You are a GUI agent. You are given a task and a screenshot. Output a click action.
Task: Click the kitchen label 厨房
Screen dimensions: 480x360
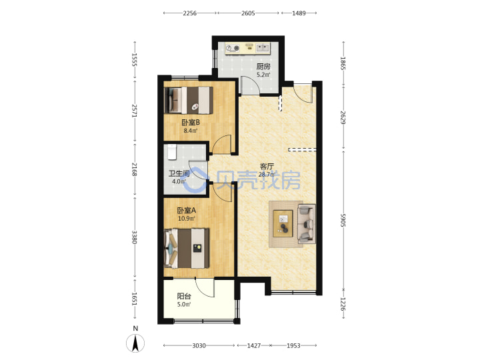(x=263, y=67)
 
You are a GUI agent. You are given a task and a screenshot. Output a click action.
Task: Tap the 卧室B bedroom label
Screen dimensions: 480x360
(x=191, y=123)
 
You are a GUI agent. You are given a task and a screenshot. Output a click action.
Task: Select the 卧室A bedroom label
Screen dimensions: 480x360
(x=187, y=210)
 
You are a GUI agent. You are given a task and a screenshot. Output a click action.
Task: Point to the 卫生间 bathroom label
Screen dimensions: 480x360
(x=179, y=173)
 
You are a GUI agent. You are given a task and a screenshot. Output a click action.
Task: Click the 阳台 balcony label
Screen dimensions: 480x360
(x=184, y=296)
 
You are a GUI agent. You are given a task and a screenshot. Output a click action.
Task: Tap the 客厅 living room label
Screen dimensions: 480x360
(x=267, y=166)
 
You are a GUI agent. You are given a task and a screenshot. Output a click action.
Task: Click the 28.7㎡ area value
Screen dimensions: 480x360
(x=267, y=175)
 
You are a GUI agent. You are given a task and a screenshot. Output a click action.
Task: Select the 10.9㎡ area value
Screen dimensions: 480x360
(x=187, y=219)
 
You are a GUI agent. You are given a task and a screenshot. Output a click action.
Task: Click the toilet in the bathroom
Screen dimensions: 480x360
(x=172, y=152)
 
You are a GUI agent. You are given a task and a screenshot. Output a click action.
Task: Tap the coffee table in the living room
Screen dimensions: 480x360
(x=283, y=223)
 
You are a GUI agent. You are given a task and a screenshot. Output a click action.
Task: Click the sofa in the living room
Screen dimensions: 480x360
(x=307, y=224)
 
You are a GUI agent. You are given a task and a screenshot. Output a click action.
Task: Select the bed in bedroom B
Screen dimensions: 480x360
(x=189, y=101)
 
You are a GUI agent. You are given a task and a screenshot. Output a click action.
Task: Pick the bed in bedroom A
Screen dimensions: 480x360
(x=187, y=248)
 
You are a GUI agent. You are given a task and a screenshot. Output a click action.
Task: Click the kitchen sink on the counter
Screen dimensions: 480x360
(x=263, y=47)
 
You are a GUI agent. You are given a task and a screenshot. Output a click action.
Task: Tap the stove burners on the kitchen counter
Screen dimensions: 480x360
(x=233, y=48)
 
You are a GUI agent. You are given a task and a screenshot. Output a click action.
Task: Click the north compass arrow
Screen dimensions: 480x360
(x=135, y=343)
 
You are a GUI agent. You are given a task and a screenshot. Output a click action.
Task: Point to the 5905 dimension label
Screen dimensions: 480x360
(x=343, y=220)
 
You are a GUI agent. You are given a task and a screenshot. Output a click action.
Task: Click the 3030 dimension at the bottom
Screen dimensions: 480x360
(x=199, y=345)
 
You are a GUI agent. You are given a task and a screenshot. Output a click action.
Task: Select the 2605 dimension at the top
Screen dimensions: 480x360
(x=248, y=13)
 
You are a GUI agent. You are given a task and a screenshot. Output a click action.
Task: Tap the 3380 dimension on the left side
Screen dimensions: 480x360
(x=134, y=237)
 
